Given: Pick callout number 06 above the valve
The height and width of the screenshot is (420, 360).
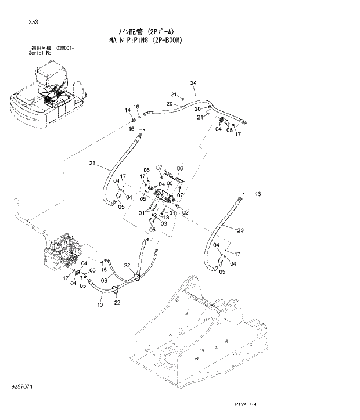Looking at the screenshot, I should (x=179, y=168).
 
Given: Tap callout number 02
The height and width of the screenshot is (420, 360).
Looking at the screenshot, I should (x=185, y=212).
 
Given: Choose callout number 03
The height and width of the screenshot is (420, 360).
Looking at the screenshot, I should (x=164, y=223).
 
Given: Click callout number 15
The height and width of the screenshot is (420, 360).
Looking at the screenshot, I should (x=103, y=269).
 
